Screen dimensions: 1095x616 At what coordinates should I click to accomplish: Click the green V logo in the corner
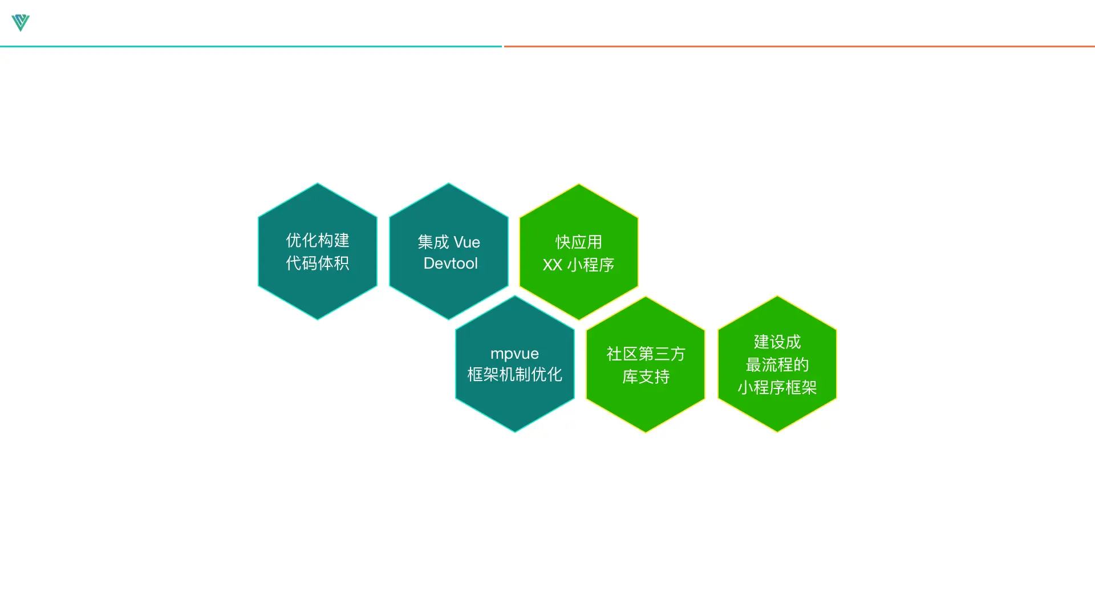(21, 22)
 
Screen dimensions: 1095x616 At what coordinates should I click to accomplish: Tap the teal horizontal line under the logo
(251, 46)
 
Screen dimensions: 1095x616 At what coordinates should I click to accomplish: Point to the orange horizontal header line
(798, 46)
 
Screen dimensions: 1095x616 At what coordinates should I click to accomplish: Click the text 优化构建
(318, 240)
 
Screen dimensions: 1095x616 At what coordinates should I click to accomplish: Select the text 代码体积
(318, 263)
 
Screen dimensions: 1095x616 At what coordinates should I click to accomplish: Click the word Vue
(467, 242)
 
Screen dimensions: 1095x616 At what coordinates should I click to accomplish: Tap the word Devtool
(451, 264)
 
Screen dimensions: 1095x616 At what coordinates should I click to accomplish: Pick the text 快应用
(579, 242)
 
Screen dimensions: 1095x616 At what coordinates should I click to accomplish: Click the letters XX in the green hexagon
(552, 265)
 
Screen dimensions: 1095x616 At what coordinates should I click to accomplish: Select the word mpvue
(514, 354)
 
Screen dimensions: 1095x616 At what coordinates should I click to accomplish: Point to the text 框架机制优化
(514, 375)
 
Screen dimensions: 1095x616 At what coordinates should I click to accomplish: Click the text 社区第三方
(646, 354)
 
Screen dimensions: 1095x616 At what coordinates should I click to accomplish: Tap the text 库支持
(646, 376)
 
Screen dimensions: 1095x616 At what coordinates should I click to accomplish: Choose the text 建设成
(777, 342)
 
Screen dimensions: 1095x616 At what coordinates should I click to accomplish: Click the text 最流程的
(777, 364)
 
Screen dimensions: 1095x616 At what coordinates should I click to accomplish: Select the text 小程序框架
(777, 387)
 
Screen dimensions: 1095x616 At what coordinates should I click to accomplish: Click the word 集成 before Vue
(433, 242)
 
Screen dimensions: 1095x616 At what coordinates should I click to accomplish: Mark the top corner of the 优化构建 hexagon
(318, 184)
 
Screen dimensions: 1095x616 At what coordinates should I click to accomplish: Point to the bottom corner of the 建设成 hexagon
(777, 431)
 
